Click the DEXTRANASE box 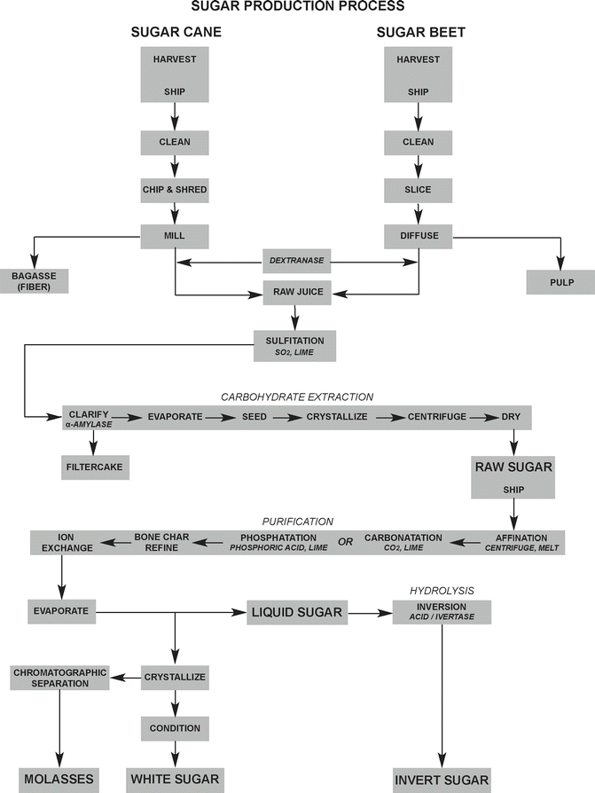click(x=297, y=262)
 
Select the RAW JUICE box click(x=297, y=290)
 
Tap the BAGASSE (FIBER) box click(x=34, y=279)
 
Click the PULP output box click(x=560, y=283)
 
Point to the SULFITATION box click(x=296, y=345)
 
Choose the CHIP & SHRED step click(x=175, y=189)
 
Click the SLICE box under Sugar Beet click(x=419, y=189)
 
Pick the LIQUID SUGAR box click(x=297, y=611)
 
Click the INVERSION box click(x=441, y=611)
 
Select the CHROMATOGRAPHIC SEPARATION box click(x=60, y=678)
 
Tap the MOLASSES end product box click(x=59, y=779)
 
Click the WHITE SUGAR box click(x=175, y=779)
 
